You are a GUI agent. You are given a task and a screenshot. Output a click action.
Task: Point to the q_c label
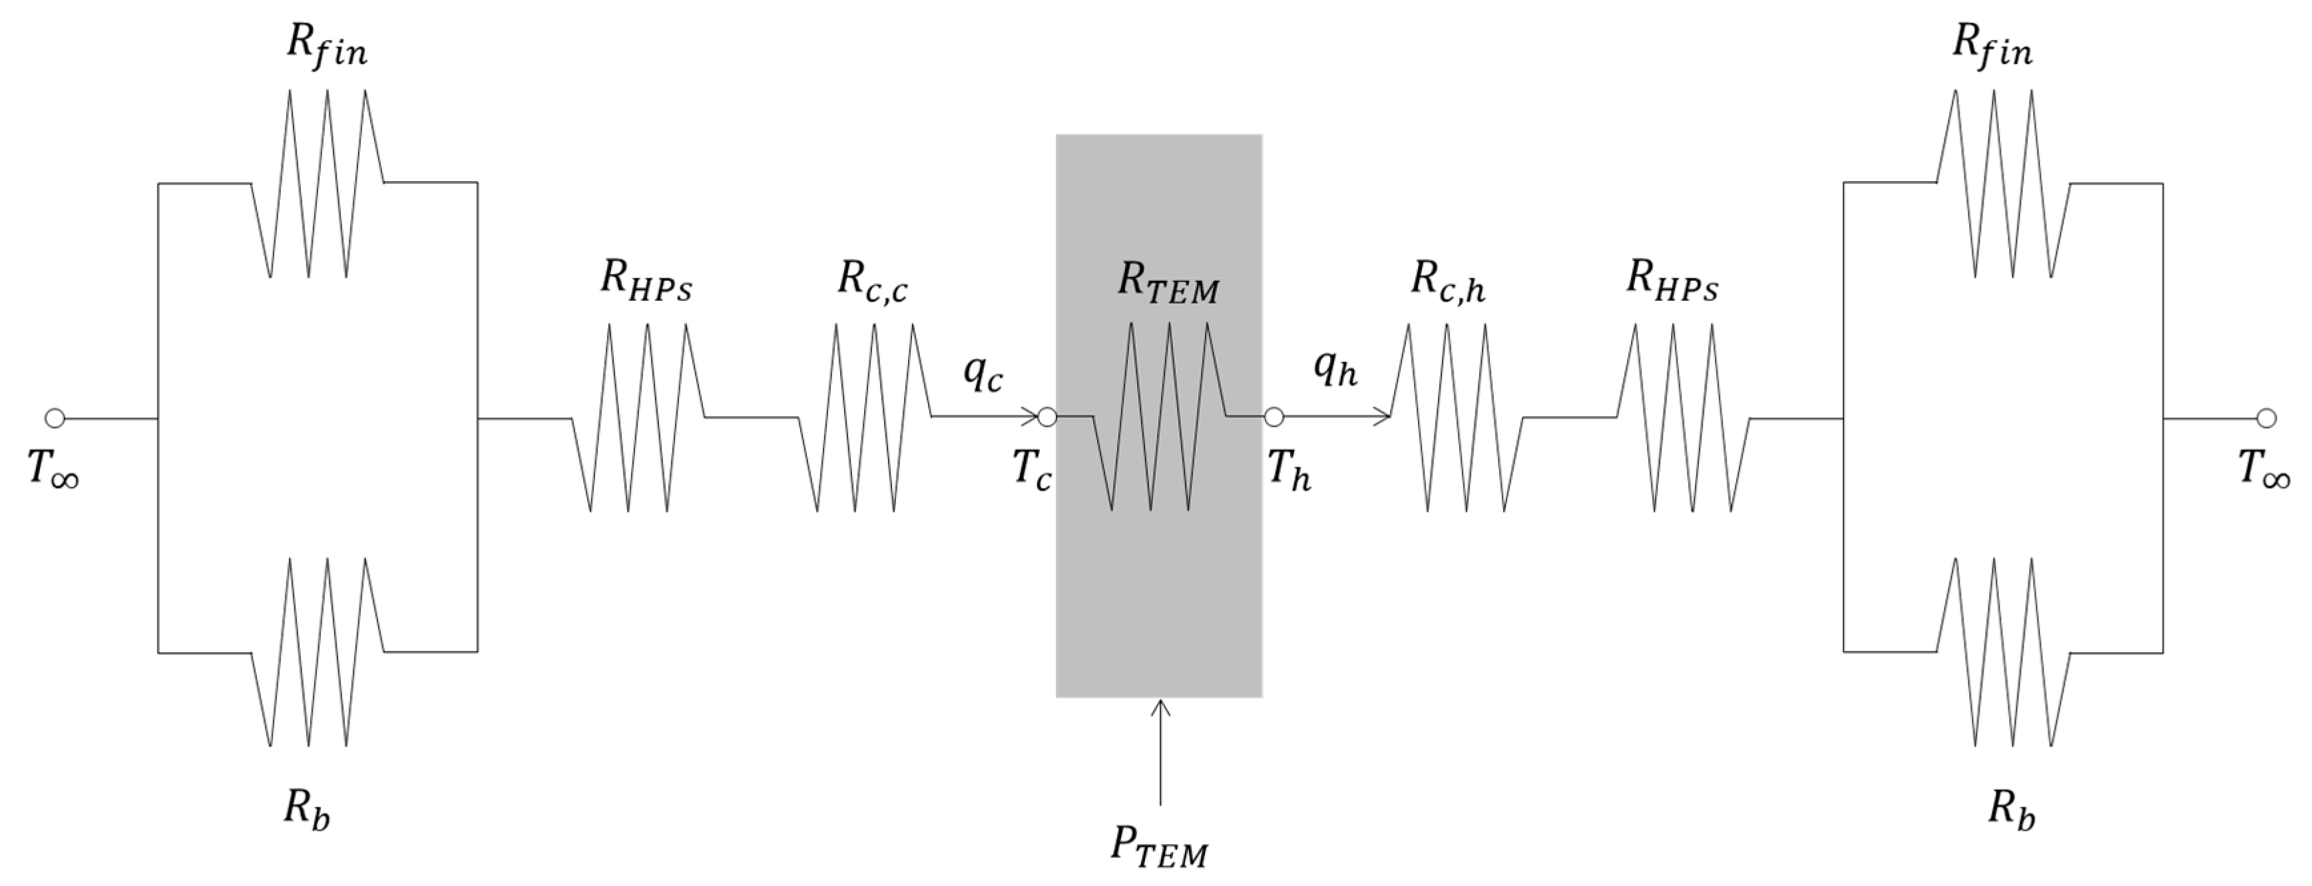coord(982,371)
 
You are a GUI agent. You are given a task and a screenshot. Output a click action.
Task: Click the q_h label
coord(1335,368)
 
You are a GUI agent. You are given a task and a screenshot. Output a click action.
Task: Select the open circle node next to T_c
coord(1046,417)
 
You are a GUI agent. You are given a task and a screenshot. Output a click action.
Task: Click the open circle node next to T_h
coord(1273,417)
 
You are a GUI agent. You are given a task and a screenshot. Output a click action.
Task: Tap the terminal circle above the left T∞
coord(55,418)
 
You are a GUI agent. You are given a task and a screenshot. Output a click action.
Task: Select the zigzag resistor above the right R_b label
coord(2002,652)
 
